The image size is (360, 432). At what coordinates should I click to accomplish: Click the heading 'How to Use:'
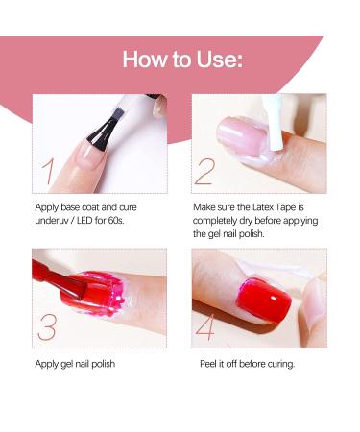181,60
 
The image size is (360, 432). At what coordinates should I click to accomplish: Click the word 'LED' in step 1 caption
90,220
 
